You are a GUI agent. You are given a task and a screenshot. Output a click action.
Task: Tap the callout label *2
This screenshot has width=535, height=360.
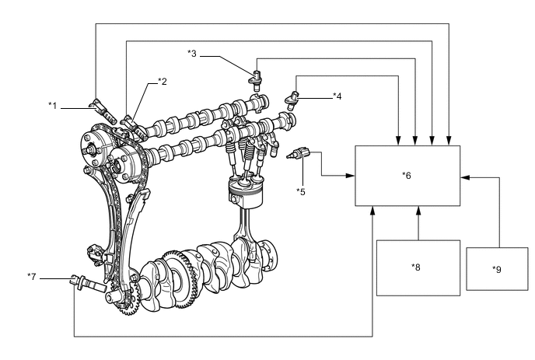click(x=163, y=81)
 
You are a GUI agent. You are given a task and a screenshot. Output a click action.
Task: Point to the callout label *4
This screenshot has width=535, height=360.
click(x=337, y=96)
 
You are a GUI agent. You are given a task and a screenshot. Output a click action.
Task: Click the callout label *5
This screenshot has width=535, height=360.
click(x=300, y=190)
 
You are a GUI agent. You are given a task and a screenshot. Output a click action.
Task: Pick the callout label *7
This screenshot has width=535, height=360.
click(x=32, y=275)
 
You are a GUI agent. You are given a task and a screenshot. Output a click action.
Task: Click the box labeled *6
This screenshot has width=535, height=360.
click(x=407, y=175)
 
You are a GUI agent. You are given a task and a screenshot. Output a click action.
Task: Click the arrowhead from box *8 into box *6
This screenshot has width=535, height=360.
click(x=418, y=210)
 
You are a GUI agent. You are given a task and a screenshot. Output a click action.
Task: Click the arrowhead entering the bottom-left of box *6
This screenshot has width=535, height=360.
click(x=373, y=210)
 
